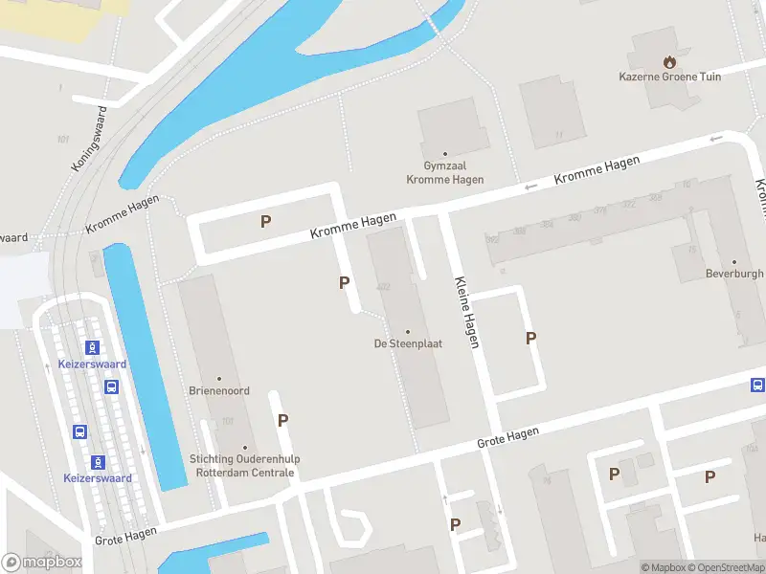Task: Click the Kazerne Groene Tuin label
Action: (x=669, y=77)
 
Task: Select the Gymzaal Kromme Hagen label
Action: (x=444, y=173)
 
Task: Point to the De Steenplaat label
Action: (x=407, y=343)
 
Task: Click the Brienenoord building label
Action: (x=219, y=391)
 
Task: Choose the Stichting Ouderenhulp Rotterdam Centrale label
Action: (x=245, y=465)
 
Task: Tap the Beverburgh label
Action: (x=734, y=274)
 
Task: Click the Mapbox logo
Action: (x=42, y=563)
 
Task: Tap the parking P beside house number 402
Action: (x=344, y=282)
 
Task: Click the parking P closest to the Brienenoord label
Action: (x=282, y=420)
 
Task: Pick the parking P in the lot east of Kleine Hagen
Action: (x=530, y=338)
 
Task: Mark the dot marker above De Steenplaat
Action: (x=407, y=332)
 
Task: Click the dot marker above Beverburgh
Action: (x=734, y=262)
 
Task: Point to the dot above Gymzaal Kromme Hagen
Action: (x=444, y=154)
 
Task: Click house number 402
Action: (x=384, y=286)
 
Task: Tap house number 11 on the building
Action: (x=558, y=136)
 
